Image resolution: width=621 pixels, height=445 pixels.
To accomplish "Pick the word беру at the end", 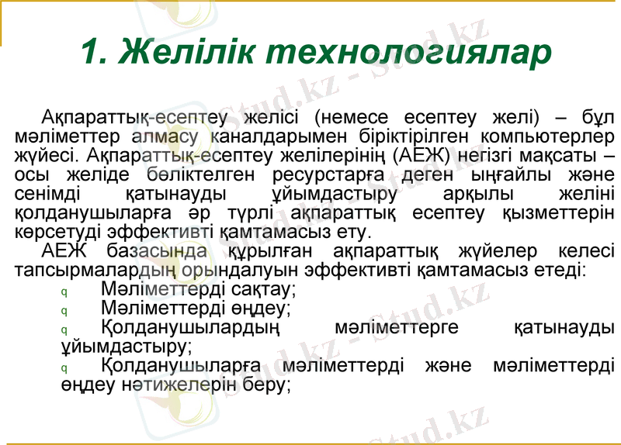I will [x=263, y=384].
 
